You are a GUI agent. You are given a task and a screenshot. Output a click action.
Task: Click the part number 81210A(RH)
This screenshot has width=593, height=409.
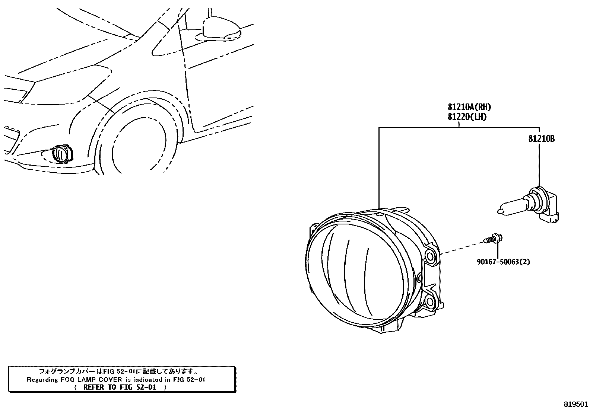(469, 108)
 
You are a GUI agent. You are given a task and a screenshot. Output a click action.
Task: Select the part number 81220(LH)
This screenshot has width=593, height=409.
(467, 116)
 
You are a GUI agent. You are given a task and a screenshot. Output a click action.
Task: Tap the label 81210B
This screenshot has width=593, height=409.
(541, 139)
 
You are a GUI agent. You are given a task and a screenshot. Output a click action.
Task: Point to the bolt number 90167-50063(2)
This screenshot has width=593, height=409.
(503, 262)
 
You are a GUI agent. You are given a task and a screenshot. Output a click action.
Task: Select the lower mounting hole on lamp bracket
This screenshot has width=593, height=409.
(430, 301)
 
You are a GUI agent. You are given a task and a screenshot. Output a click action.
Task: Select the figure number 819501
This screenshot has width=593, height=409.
(576, 404)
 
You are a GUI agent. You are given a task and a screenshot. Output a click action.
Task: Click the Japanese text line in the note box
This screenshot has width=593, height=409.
(119, 371)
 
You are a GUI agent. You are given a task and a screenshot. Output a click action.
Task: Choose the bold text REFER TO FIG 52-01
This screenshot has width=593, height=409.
(120, 387)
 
